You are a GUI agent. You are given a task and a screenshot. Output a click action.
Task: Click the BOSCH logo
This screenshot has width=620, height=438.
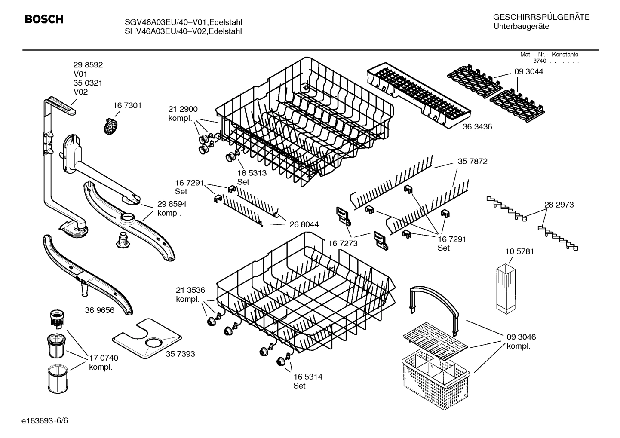(44, 19)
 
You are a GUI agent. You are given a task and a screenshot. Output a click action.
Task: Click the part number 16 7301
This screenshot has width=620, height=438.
(127, 105)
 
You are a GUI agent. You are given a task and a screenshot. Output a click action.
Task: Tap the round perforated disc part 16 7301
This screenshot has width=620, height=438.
(111, 126)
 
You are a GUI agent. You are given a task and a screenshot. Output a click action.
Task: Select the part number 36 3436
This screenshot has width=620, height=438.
(477, 127)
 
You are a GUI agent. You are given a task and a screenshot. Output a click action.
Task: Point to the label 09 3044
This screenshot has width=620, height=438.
(528, 72)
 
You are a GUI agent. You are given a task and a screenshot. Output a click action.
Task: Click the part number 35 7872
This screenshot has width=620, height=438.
(473, 161)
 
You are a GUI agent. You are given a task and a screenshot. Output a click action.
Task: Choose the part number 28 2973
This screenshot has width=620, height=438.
(559, 205)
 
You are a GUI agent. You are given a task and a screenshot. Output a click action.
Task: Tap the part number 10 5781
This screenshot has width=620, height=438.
(519, 251)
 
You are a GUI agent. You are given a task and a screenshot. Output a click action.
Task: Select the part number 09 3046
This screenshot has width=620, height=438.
(521, 337)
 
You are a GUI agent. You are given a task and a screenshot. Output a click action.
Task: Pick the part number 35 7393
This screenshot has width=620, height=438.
(180, 354)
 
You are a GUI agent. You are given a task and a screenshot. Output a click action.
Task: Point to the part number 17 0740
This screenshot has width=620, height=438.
(103, 358)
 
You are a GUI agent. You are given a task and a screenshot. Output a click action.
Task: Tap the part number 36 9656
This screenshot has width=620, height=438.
(100, 310)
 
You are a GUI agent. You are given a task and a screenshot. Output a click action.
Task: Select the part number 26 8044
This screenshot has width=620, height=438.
(304, 224)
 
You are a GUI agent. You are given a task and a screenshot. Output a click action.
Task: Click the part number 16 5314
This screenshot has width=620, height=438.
(308, 377)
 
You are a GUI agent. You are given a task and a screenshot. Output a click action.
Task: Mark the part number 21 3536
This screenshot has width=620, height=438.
(190, 290)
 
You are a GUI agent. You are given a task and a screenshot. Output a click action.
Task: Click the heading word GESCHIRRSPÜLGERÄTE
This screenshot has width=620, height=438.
(541, 17)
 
